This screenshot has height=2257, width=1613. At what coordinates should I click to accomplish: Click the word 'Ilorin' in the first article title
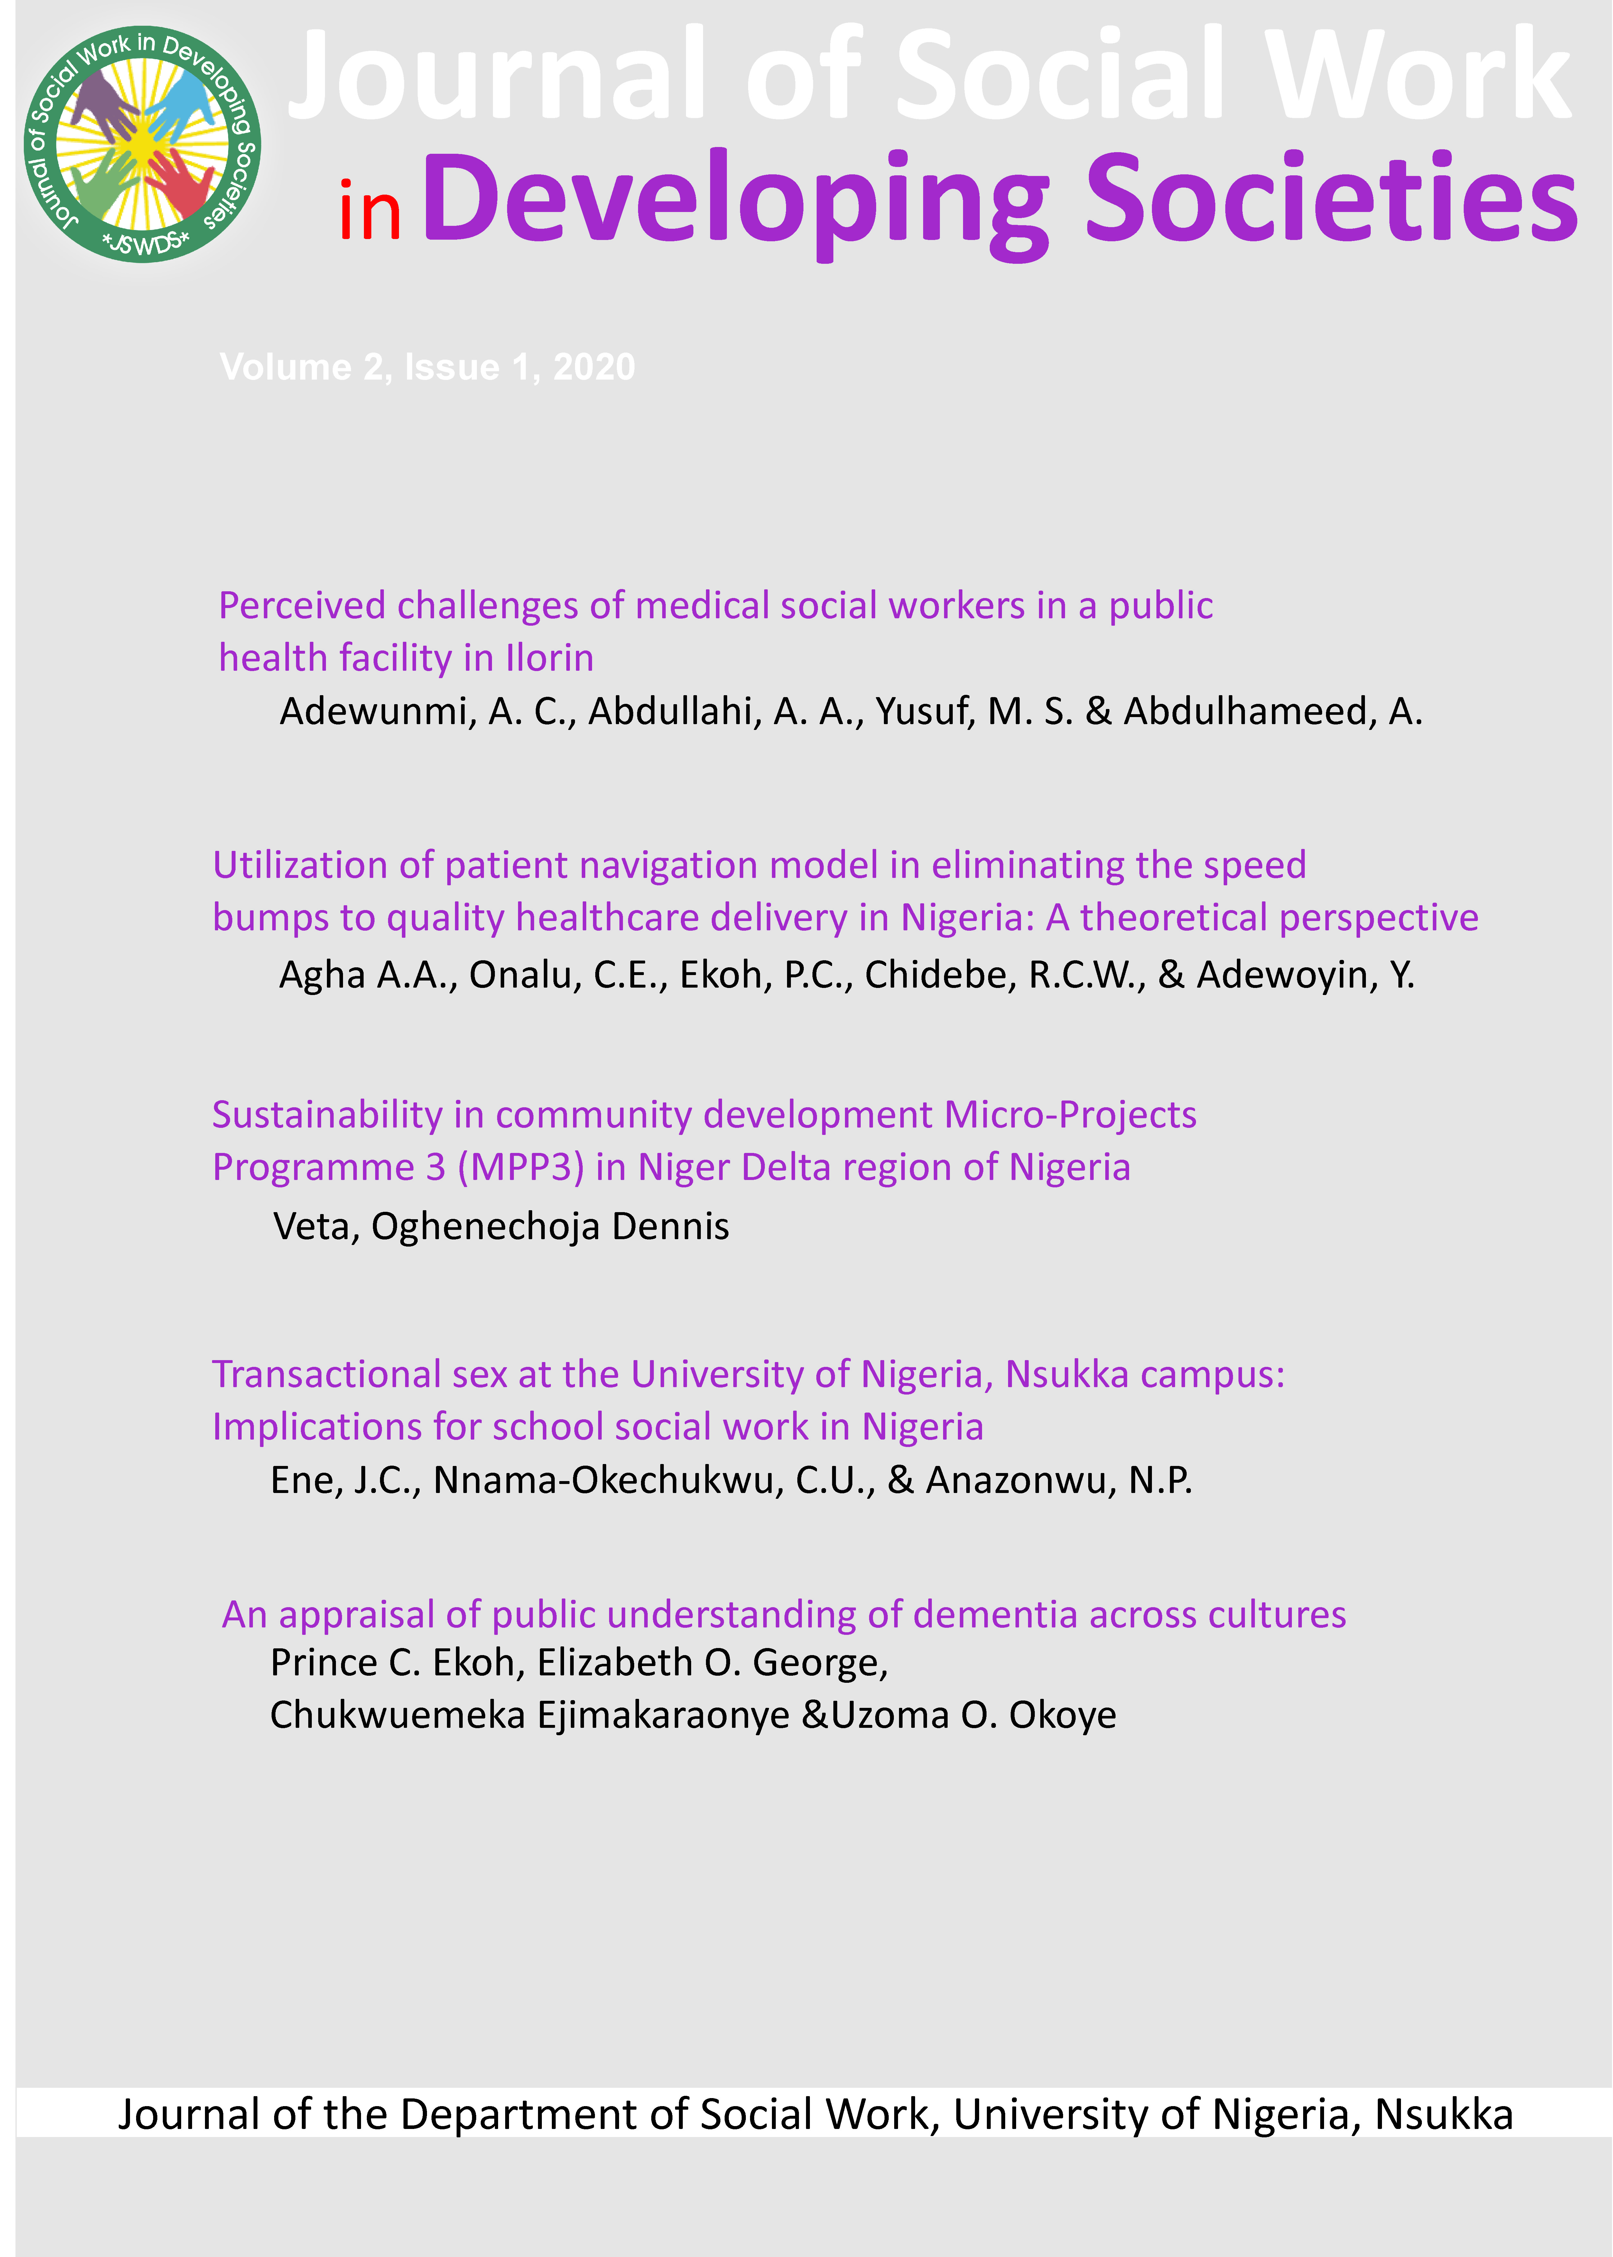(x=549, y=658)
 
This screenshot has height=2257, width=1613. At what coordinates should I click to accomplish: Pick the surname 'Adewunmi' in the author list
(x=373, y=712)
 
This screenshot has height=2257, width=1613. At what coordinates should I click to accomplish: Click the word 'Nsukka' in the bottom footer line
(x=1443, y=2115)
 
